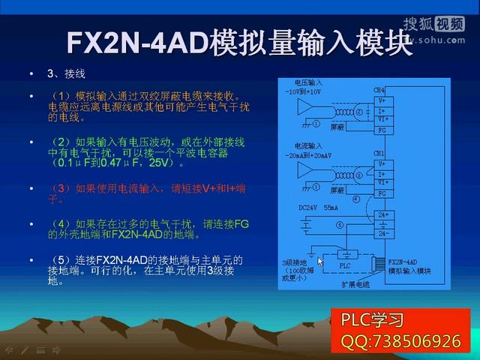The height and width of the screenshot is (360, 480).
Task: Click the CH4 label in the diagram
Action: [x=379, y=90]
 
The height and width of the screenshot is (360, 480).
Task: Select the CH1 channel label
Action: [x=379, y=153]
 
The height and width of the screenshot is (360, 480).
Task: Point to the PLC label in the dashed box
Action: [x=344, y=265]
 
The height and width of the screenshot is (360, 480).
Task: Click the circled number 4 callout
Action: [x=356, y=199]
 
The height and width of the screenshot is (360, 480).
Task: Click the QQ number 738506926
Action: [x=400, y=341]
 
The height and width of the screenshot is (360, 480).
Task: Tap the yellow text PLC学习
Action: [x=373, y=320]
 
